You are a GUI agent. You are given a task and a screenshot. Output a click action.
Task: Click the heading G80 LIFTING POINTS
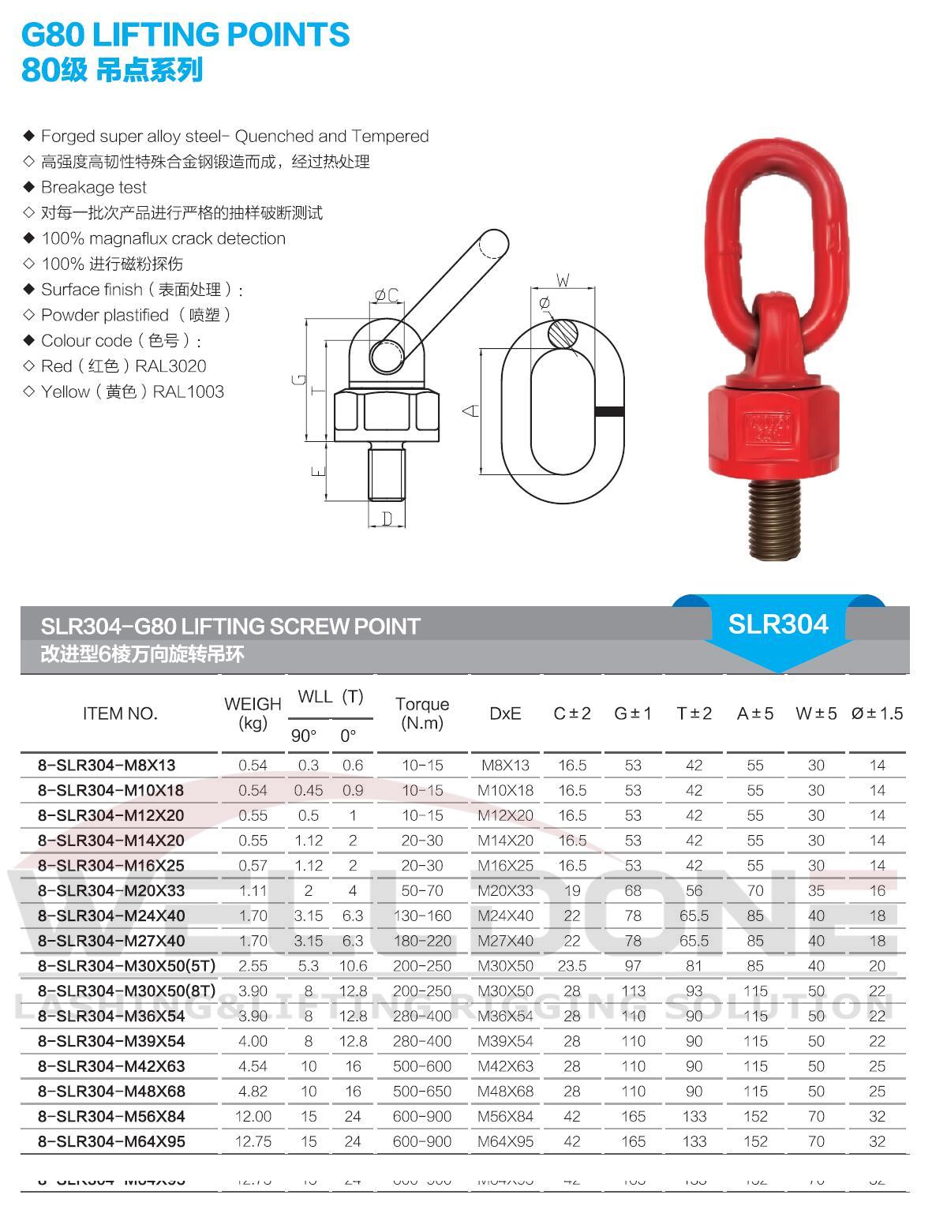pos(185,35)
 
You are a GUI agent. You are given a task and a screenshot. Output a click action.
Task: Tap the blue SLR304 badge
pos(777,624)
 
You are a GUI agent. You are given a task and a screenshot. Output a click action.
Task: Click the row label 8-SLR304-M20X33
pos(111,890)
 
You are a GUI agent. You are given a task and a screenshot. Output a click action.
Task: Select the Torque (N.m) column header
pos(422,713)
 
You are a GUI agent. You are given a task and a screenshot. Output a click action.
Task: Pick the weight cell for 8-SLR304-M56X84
pos(253,1116)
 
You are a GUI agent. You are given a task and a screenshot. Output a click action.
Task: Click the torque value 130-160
pos(422,916)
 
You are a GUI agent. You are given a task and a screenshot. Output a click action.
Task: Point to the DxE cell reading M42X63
pos(505,1066)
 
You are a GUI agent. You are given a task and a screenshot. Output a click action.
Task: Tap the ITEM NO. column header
pos(120,713)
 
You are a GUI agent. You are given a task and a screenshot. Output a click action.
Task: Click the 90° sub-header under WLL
pos(304,736)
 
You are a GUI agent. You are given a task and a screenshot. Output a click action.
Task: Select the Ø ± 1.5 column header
pos(877,713)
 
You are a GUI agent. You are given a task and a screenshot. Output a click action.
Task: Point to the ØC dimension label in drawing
pos(386,295)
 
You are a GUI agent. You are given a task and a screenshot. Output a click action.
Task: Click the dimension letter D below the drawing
pos(387,519)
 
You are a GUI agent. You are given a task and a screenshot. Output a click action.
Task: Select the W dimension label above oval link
pos(563,280)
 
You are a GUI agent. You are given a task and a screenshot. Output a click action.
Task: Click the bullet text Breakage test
pos(94,187)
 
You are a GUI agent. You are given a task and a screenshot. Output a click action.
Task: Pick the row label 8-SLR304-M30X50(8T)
pos(126,991)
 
